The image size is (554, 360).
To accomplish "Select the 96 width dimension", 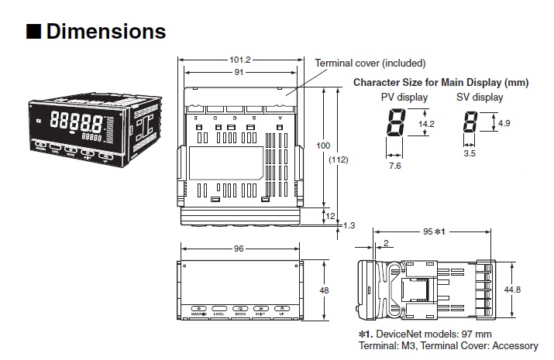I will pyautogui.click(x=239, y=249).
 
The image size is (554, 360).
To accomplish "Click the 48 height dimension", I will pyautogui.click(x=324, y=290).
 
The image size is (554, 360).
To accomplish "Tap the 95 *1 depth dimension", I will pyautogui.click(x=433, y=231).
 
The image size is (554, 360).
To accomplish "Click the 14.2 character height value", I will pyautogui.click(x=427, y=123).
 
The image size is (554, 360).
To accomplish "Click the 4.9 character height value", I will pyautogui.click(x=503, y=123).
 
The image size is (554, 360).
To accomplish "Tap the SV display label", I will pyautogui.click(x=480, y=98).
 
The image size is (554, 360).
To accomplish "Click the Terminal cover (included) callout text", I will pyautogui.click(x=370, y=63).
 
